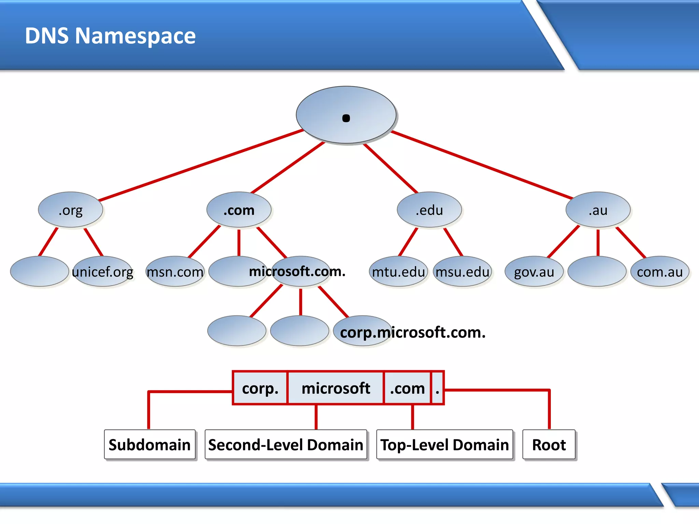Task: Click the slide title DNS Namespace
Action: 110,35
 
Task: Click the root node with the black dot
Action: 346,115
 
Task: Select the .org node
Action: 70,210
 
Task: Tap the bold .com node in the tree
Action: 239,210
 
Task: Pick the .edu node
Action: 429,210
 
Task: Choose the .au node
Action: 598,210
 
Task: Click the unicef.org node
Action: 102,272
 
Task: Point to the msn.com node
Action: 175,272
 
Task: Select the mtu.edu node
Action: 398,272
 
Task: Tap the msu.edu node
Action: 462,272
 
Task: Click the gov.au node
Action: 534,272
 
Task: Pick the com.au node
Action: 660,272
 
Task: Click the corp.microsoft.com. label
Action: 413,332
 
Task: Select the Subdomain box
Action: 149,445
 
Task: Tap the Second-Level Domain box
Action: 286,445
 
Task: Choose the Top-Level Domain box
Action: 444,445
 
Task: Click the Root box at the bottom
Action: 549,445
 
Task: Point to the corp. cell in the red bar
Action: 260,388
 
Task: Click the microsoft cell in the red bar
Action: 336,388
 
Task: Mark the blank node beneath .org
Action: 39,272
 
